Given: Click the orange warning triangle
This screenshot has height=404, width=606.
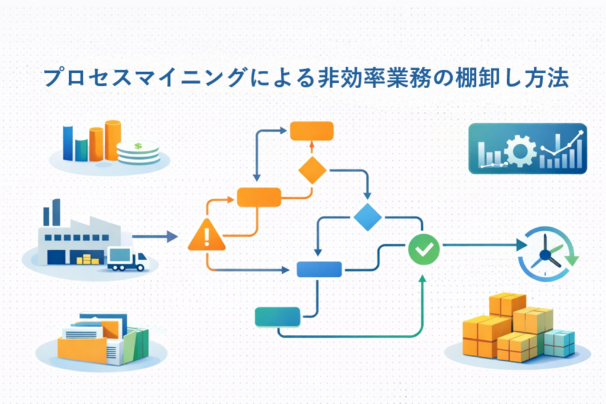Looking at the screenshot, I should tap(206, 235).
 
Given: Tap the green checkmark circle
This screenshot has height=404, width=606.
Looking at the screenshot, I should tap(424, 249).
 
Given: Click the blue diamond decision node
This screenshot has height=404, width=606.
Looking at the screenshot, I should tap(368, 217).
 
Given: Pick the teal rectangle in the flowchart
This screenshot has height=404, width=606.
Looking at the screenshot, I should tap(277, 316).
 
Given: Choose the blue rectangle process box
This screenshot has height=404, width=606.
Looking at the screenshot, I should tap(319, 270).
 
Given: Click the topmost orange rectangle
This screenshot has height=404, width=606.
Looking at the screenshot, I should tap(312, 131).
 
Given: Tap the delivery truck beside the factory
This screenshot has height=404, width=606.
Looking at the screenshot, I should tap(126, 258).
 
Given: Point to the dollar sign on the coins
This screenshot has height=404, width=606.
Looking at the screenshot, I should tap(138, 146).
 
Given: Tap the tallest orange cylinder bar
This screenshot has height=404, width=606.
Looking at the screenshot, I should tap(113, 140).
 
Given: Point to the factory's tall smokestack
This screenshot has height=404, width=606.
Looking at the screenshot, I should tap(56, 211).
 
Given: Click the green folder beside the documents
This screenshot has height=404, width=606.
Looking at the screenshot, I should tap(137, 344).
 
